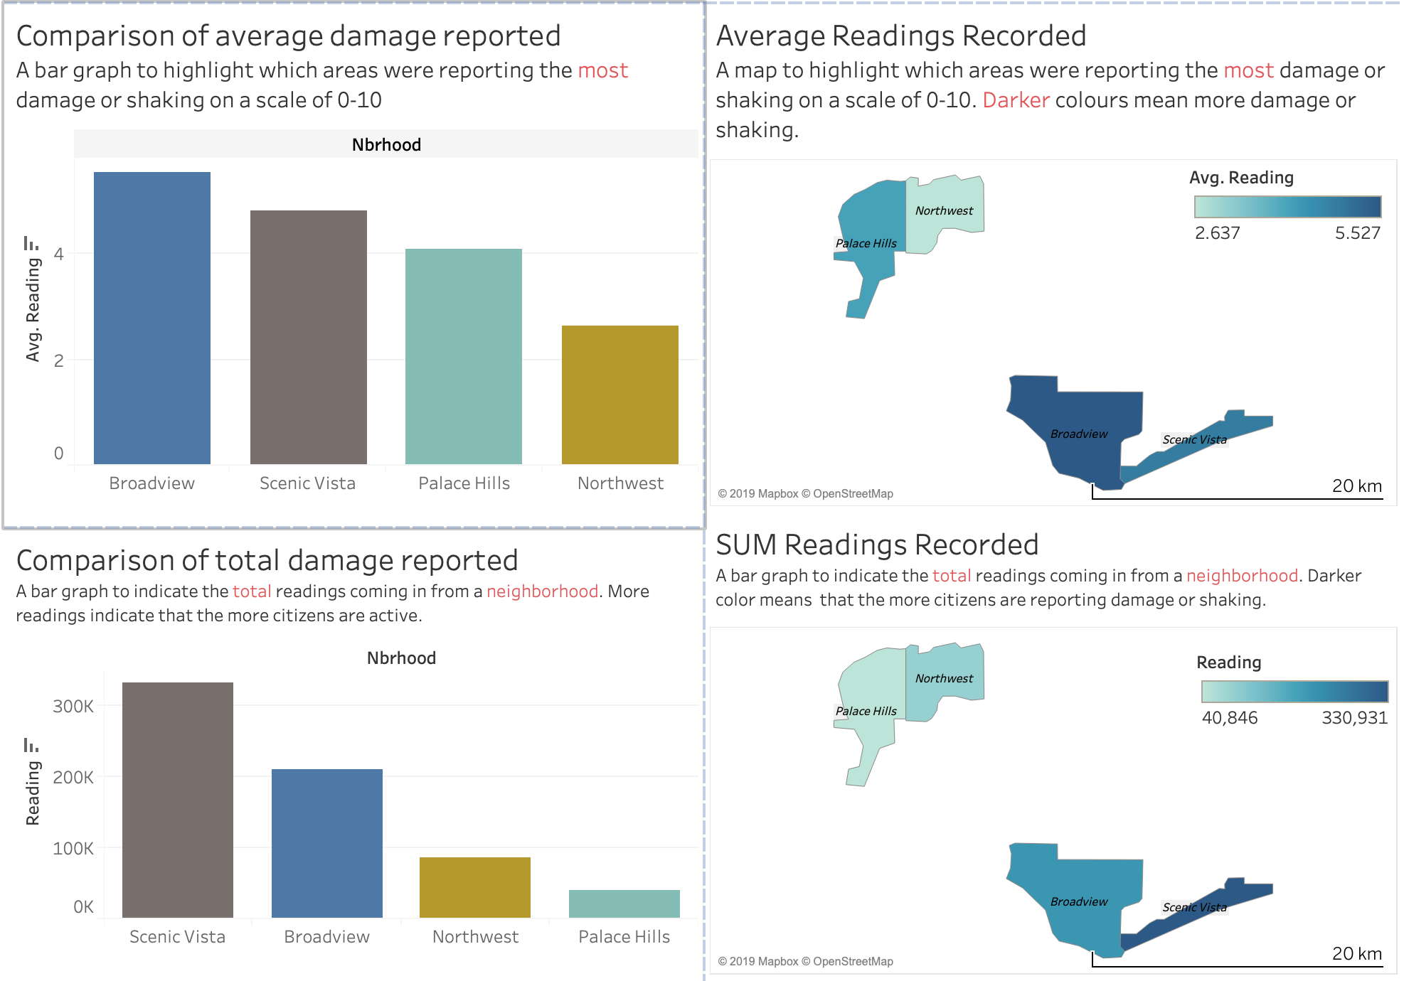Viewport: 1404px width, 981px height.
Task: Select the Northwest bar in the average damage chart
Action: click(x=619, y=395)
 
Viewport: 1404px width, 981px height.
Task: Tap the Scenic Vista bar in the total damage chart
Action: click(x=177, y=800)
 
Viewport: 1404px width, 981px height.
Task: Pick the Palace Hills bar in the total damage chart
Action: click(x=624, y=904)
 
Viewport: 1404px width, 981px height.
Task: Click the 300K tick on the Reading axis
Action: click(x=73, y=706)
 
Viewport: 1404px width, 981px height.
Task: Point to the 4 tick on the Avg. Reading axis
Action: click(x=59, y=254)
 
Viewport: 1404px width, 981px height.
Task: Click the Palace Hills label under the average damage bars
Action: click(x=464, y=483)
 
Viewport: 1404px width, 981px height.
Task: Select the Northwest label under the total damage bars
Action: click(x=475, y=937)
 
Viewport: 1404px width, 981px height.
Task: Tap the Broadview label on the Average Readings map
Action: click(x=1078, y=434)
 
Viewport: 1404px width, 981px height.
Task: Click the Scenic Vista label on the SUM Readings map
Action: click(x=1194, y=907)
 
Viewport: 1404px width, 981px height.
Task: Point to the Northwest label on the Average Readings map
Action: click(x=944, y=210)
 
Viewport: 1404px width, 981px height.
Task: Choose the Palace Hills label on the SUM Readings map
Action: click(x=866, y=711)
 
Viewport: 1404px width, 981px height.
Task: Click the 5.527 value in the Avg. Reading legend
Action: click(x=1357, y=233)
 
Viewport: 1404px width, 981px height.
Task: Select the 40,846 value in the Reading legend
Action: click(x=1229, y=718)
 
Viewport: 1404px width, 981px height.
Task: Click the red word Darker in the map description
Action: click(x=1016, y=100)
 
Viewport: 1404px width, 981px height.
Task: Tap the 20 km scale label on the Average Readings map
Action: click(x=1356, y=486)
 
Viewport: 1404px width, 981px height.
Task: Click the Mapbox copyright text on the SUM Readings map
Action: click(x=805, y=961)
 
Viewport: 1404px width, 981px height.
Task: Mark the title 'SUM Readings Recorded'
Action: click(x=877, y=545)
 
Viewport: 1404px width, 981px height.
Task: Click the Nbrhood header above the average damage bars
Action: click(x=386, y=145)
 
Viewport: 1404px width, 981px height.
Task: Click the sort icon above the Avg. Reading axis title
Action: click(x=31, y=244)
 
